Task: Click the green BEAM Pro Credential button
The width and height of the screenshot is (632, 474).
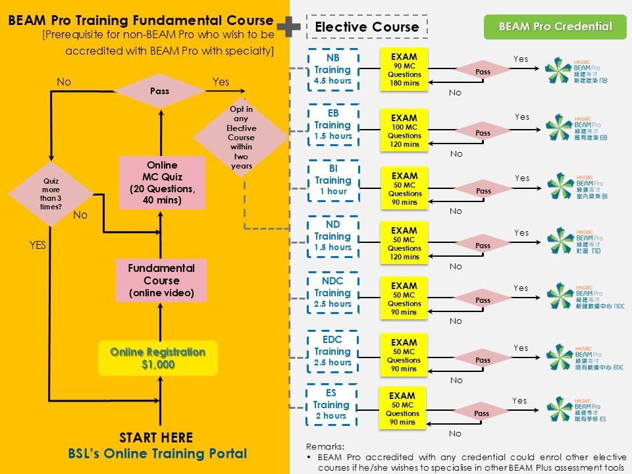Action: coord(555,27)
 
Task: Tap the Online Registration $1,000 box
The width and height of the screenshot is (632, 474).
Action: coord(158,358)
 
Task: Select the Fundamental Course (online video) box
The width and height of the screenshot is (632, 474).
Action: coord(161,280)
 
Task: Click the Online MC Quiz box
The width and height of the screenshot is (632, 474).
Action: coord(161,183)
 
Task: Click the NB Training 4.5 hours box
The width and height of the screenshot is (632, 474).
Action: coord(332,69)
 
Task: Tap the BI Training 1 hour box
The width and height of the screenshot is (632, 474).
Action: coord(332,180)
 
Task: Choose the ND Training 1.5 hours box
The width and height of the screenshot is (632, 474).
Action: coord(332,236)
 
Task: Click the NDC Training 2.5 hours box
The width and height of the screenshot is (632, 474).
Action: coord(332,292)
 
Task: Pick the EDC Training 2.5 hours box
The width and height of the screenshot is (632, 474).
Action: coord(332,351)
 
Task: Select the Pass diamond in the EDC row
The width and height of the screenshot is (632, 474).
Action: coord(483,360)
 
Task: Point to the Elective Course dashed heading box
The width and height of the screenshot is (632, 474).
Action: coord(367,27)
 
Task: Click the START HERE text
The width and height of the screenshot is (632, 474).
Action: coord(156,438)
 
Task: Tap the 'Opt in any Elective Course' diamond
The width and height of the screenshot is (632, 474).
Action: coord(242,137)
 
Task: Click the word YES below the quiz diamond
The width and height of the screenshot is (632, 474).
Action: coord(38,245)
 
